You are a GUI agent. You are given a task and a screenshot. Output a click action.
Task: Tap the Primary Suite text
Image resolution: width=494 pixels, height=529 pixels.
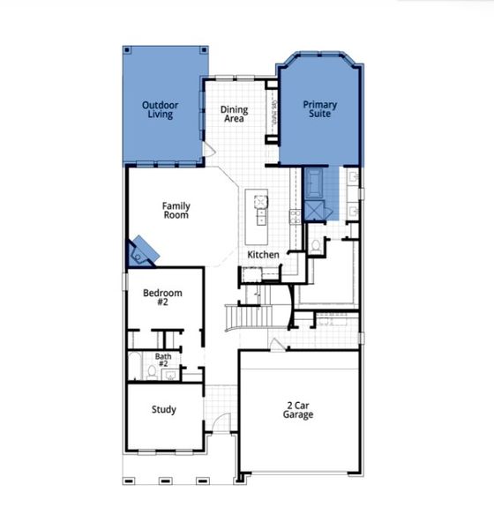(x=319, y=109)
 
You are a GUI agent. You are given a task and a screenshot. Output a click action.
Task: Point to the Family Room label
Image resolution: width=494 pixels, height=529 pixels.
(x=176, y=210)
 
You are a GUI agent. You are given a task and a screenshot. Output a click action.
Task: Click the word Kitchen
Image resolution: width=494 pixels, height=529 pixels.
(x=263, y=255)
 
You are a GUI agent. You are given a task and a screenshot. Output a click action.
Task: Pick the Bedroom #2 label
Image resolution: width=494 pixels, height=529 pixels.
(x=163, y=298)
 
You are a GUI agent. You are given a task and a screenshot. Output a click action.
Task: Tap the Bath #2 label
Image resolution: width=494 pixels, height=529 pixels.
(x=163, y=361)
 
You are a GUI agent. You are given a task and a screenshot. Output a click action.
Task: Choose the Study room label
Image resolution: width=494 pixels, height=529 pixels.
(x=163, y=409)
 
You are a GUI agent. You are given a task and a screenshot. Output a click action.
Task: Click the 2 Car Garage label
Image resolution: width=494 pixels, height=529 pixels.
(x=298, y=409)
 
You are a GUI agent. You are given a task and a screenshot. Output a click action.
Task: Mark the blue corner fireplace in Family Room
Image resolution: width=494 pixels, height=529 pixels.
(x=143, y=251)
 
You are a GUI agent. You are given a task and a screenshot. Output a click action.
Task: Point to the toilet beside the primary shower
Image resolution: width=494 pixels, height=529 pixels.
(x=315, y=245)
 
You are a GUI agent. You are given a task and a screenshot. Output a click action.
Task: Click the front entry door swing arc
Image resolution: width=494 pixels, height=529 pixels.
(x=222, y=421)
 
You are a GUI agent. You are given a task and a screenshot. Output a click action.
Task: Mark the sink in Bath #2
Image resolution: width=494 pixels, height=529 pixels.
(x=170, y=375)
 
